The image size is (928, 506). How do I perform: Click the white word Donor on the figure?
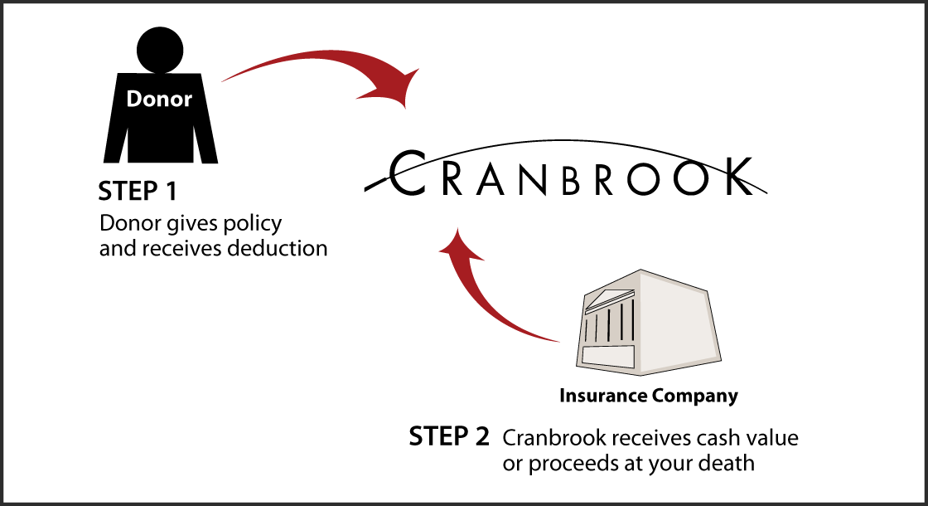coord(159,100)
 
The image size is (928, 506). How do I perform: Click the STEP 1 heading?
coord(138,192)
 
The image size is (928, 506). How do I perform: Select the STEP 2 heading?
coord(448,437)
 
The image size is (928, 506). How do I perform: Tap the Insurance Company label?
coord(648,396)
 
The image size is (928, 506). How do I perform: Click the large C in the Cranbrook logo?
coord(407,174)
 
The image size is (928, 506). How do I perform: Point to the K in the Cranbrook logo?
coord(732,177)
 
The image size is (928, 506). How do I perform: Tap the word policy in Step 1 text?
coord(254,224)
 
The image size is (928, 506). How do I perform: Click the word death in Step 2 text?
coord(729,462)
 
